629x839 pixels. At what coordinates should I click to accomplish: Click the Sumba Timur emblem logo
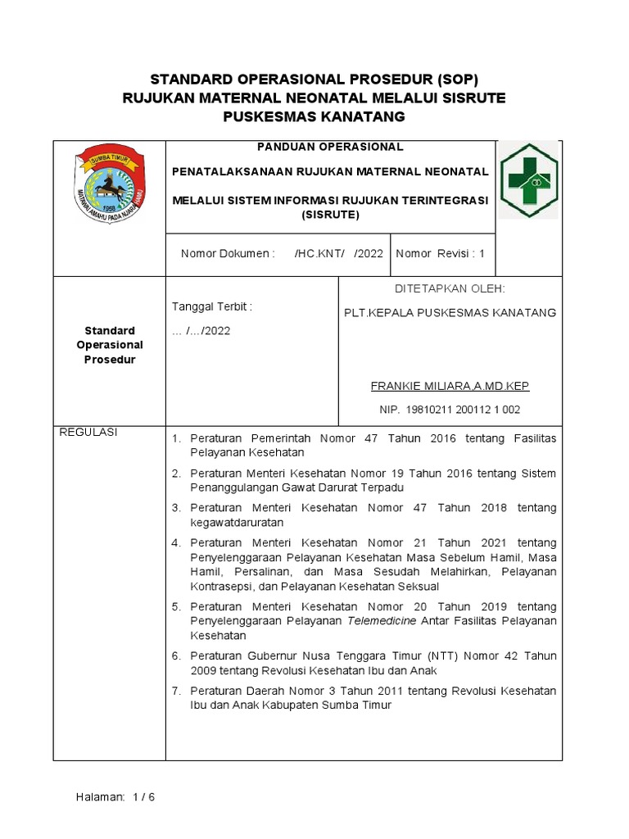point(109,184)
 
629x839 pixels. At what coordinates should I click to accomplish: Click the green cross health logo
point(528,181)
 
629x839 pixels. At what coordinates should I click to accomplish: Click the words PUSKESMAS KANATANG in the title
point(314,117)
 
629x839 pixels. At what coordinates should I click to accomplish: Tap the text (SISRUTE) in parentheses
point(330,215)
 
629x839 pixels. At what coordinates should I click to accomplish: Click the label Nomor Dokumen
point(228,254)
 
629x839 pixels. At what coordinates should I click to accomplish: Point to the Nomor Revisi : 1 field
point(441,254)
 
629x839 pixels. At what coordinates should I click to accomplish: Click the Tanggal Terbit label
point(211,306)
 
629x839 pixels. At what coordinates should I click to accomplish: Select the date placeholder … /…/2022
point(201,331)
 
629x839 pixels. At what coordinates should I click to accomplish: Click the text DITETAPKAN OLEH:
point(450,288)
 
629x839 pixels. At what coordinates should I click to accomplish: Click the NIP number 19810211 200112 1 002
point(450,409)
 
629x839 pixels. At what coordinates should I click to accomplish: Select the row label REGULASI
point(89,433)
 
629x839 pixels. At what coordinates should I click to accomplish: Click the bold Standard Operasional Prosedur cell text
point(110,345)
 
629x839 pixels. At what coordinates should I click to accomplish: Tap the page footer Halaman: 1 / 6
point(115,797)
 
